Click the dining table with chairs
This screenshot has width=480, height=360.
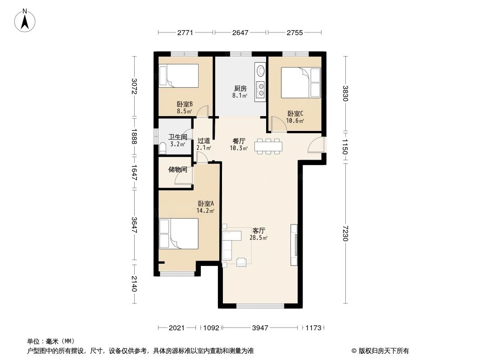(268, 146)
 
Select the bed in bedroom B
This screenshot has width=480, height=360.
(178, 76)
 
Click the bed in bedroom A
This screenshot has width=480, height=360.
(179, 234)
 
